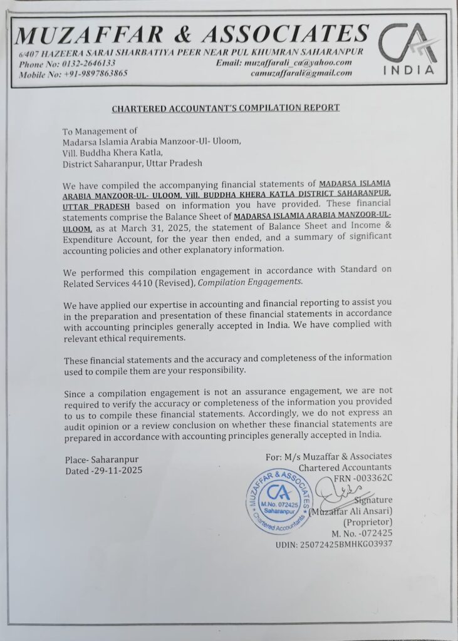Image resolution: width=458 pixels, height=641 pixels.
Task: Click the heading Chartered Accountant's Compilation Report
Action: point(226,108)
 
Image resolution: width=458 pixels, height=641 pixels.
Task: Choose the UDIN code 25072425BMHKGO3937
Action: point(334,543)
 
